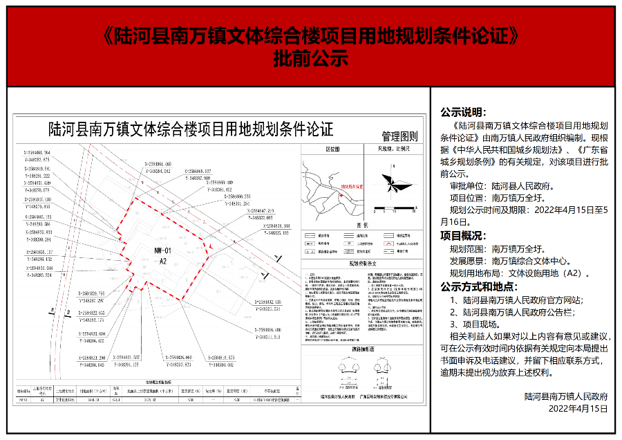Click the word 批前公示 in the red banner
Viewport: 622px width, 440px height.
click(310, 59)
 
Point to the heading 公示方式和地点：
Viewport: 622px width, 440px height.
click(476, 287)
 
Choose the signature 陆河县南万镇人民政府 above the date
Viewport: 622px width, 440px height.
click(565, 396)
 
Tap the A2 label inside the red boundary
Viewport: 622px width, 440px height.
click(164, 262)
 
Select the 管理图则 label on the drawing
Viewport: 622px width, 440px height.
click(400, 136)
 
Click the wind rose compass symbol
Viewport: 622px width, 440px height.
click(389, 183)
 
